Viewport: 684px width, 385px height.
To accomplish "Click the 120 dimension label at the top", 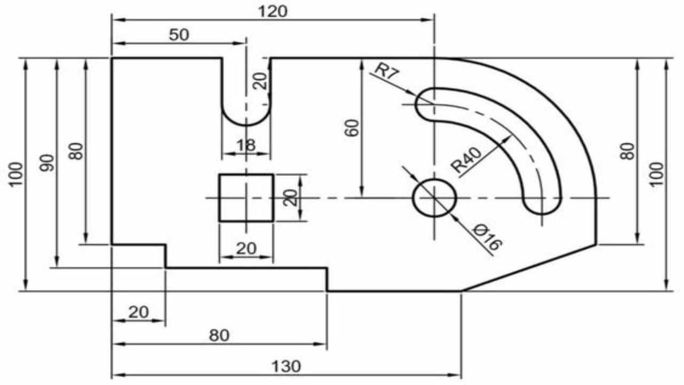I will [273, 11].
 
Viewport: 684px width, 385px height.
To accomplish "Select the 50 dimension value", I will [179, 35].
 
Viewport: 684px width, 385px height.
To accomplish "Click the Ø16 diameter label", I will [487, 238].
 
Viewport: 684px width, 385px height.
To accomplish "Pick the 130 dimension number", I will [286, 367].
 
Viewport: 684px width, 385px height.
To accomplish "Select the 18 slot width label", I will [246, 144].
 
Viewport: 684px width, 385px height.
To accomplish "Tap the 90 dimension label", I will [48, 163].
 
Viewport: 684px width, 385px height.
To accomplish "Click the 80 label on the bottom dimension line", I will [219, 335].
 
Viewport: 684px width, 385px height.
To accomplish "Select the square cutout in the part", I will [246, 197].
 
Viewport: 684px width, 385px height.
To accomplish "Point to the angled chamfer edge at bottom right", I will [529, 268].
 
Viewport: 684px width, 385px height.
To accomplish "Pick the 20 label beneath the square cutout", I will [246, 248].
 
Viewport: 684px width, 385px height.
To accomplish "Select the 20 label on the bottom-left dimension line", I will [138, 312].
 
